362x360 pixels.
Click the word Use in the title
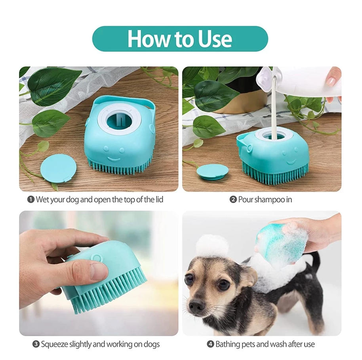point(214,39)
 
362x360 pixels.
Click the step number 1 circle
point(30,199)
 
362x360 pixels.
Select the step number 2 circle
point(233,199)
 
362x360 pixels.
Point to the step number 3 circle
point(36,344)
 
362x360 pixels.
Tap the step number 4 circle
point(210,344)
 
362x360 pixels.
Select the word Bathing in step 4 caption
point(229,344)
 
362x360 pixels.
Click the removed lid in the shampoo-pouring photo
point(212,171)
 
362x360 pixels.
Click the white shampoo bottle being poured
point(301,81)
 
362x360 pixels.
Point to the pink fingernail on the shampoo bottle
point(331,81)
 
